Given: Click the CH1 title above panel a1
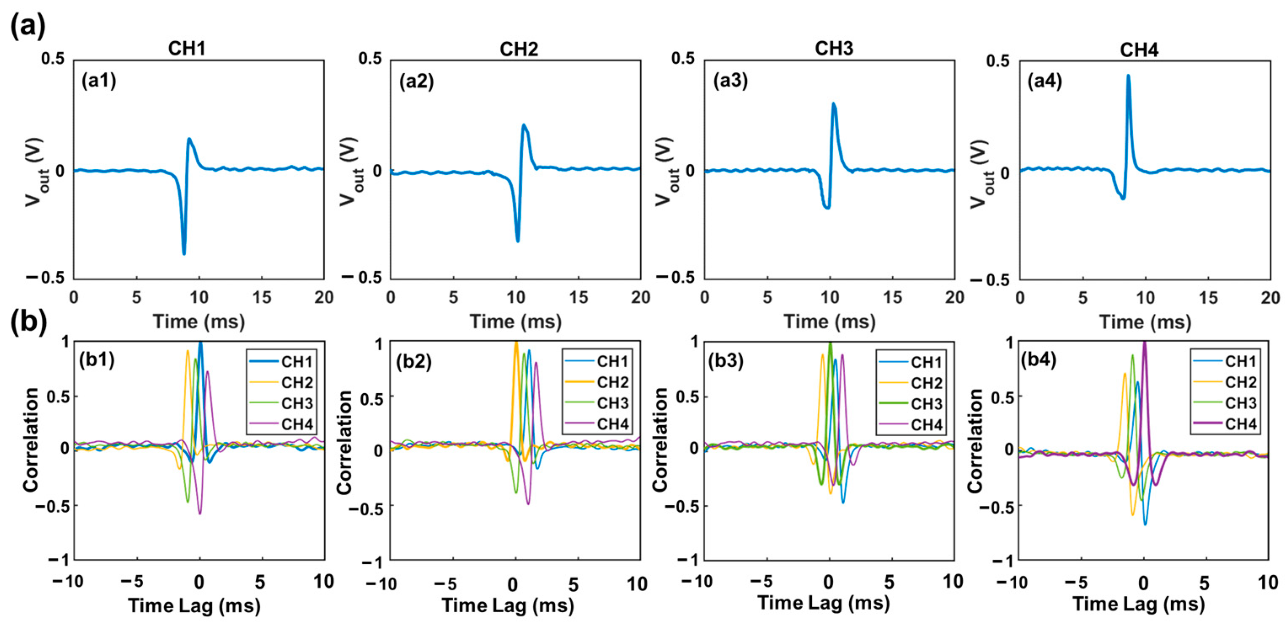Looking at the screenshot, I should tap(186, 48).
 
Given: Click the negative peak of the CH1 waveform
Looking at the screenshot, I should tap(184, 253).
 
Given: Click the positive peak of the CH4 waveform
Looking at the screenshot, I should tap(1128, 76).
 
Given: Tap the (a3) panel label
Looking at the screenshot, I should tap(730, 80).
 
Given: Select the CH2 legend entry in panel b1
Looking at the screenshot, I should tap(297, 382).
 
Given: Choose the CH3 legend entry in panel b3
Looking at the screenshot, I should tap(926, 403).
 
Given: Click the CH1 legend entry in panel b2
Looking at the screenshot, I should tap(612, 361).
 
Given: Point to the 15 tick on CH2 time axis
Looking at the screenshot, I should tap(578, 298).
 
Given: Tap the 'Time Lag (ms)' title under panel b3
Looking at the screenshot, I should tap(823, 603).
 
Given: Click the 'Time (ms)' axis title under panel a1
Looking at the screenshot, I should tap(198, 321).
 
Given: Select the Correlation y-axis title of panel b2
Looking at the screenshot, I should tap(344, 442).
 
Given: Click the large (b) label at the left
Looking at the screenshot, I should tap(28, 321).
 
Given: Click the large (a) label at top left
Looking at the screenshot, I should tap(27, 25).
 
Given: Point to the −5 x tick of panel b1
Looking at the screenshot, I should tap(131, 582).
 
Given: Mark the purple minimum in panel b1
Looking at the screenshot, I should tap(200, 513).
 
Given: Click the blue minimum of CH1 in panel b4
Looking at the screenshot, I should tap(1145, 524).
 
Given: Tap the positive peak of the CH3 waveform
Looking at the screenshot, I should tap(833, 104).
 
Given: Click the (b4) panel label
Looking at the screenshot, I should tap(1038, 360).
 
